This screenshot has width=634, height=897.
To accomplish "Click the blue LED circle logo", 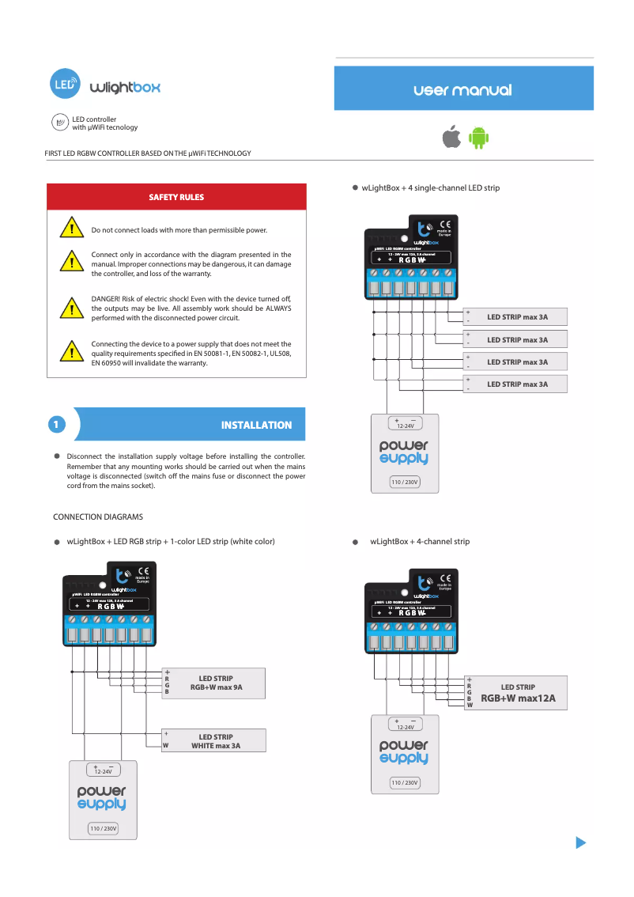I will [x=65, y=84].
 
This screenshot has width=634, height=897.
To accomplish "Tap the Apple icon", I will [x=451, y=137].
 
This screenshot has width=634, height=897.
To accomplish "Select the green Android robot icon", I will [x=478, y=138].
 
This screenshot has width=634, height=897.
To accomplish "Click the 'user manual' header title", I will [x=462, y=90].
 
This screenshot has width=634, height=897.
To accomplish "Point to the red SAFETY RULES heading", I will [x=176, y=197].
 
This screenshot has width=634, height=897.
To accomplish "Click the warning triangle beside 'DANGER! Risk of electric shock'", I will [x=71, y=308].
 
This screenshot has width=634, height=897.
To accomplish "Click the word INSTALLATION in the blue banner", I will [x=256, y=426].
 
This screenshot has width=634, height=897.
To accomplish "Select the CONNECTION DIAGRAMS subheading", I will [x=98, y=517].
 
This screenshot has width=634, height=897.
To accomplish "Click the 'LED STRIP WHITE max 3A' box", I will [x=213, y=741].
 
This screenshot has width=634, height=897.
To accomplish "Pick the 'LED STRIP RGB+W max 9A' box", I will [x=213, y=683].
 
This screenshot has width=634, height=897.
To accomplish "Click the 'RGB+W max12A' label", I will [x=518, y=698].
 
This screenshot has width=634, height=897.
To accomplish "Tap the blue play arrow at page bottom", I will [x=581, y=842].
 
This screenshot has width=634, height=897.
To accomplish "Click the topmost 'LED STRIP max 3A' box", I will [x=516, y=317].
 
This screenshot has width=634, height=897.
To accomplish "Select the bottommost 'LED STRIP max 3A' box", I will [x=516, y=384].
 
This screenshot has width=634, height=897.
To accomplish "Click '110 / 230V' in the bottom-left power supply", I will [x=103, y=828].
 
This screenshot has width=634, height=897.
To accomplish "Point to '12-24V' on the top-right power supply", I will [x=405, y=425].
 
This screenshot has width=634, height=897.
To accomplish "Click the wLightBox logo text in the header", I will [x=125, y=87].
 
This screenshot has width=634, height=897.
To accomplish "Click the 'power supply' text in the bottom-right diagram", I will [x=403, y=751].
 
